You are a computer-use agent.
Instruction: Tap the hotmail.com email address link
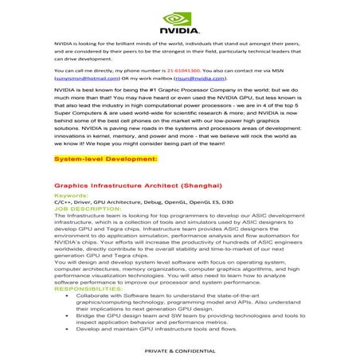81,80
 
